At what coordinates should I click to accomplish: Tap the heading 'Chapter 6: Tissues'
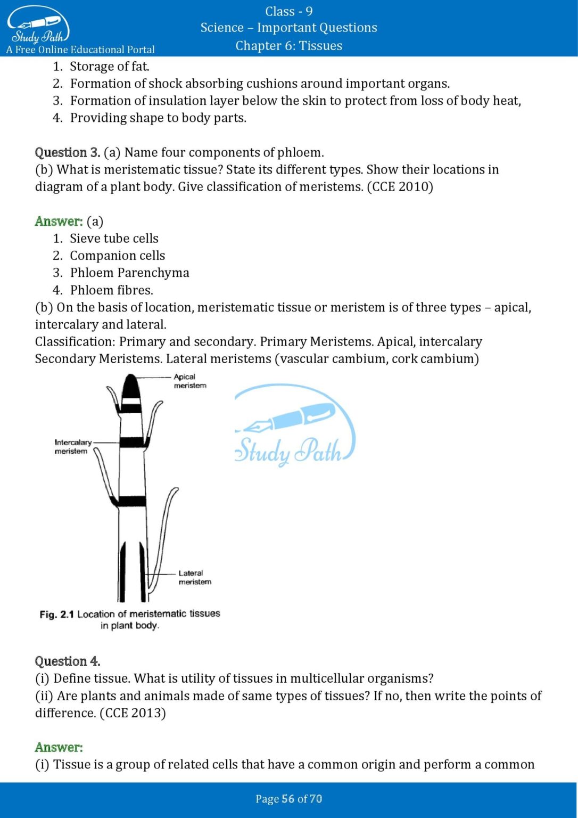289,46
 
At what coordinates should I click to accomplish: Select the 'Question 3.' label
68,152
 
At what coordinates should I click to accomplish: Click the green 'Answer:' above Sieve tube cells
59,221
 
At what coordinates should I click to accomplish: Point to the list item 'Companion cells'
118,256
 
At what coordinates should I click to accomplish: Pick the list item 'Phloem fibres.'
112,290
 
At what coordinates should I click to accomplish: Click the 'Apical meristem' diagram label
189,381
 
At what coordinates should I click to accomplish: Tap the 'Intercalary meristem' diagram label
73,447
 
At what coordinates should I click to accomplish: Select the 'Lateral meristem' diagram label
194,577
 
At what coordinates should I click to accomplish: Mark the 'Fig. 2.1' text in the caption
56,614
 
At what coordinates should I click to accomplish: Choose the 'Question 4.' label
68,661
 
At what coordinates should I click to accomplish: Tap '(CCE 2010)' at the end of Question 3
400,187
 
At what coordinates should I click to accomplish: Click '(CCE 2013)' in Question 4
133,713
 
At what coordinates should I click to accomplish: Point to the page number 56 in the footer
288,799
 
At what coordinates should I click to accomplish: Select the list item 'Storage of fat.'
110,67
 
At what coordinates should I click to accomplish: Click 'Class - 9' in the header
289,12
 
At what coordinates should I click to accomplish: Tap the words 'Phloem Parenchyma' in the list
130,273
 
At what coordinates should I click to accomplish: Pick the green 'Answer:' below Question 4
59,747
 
